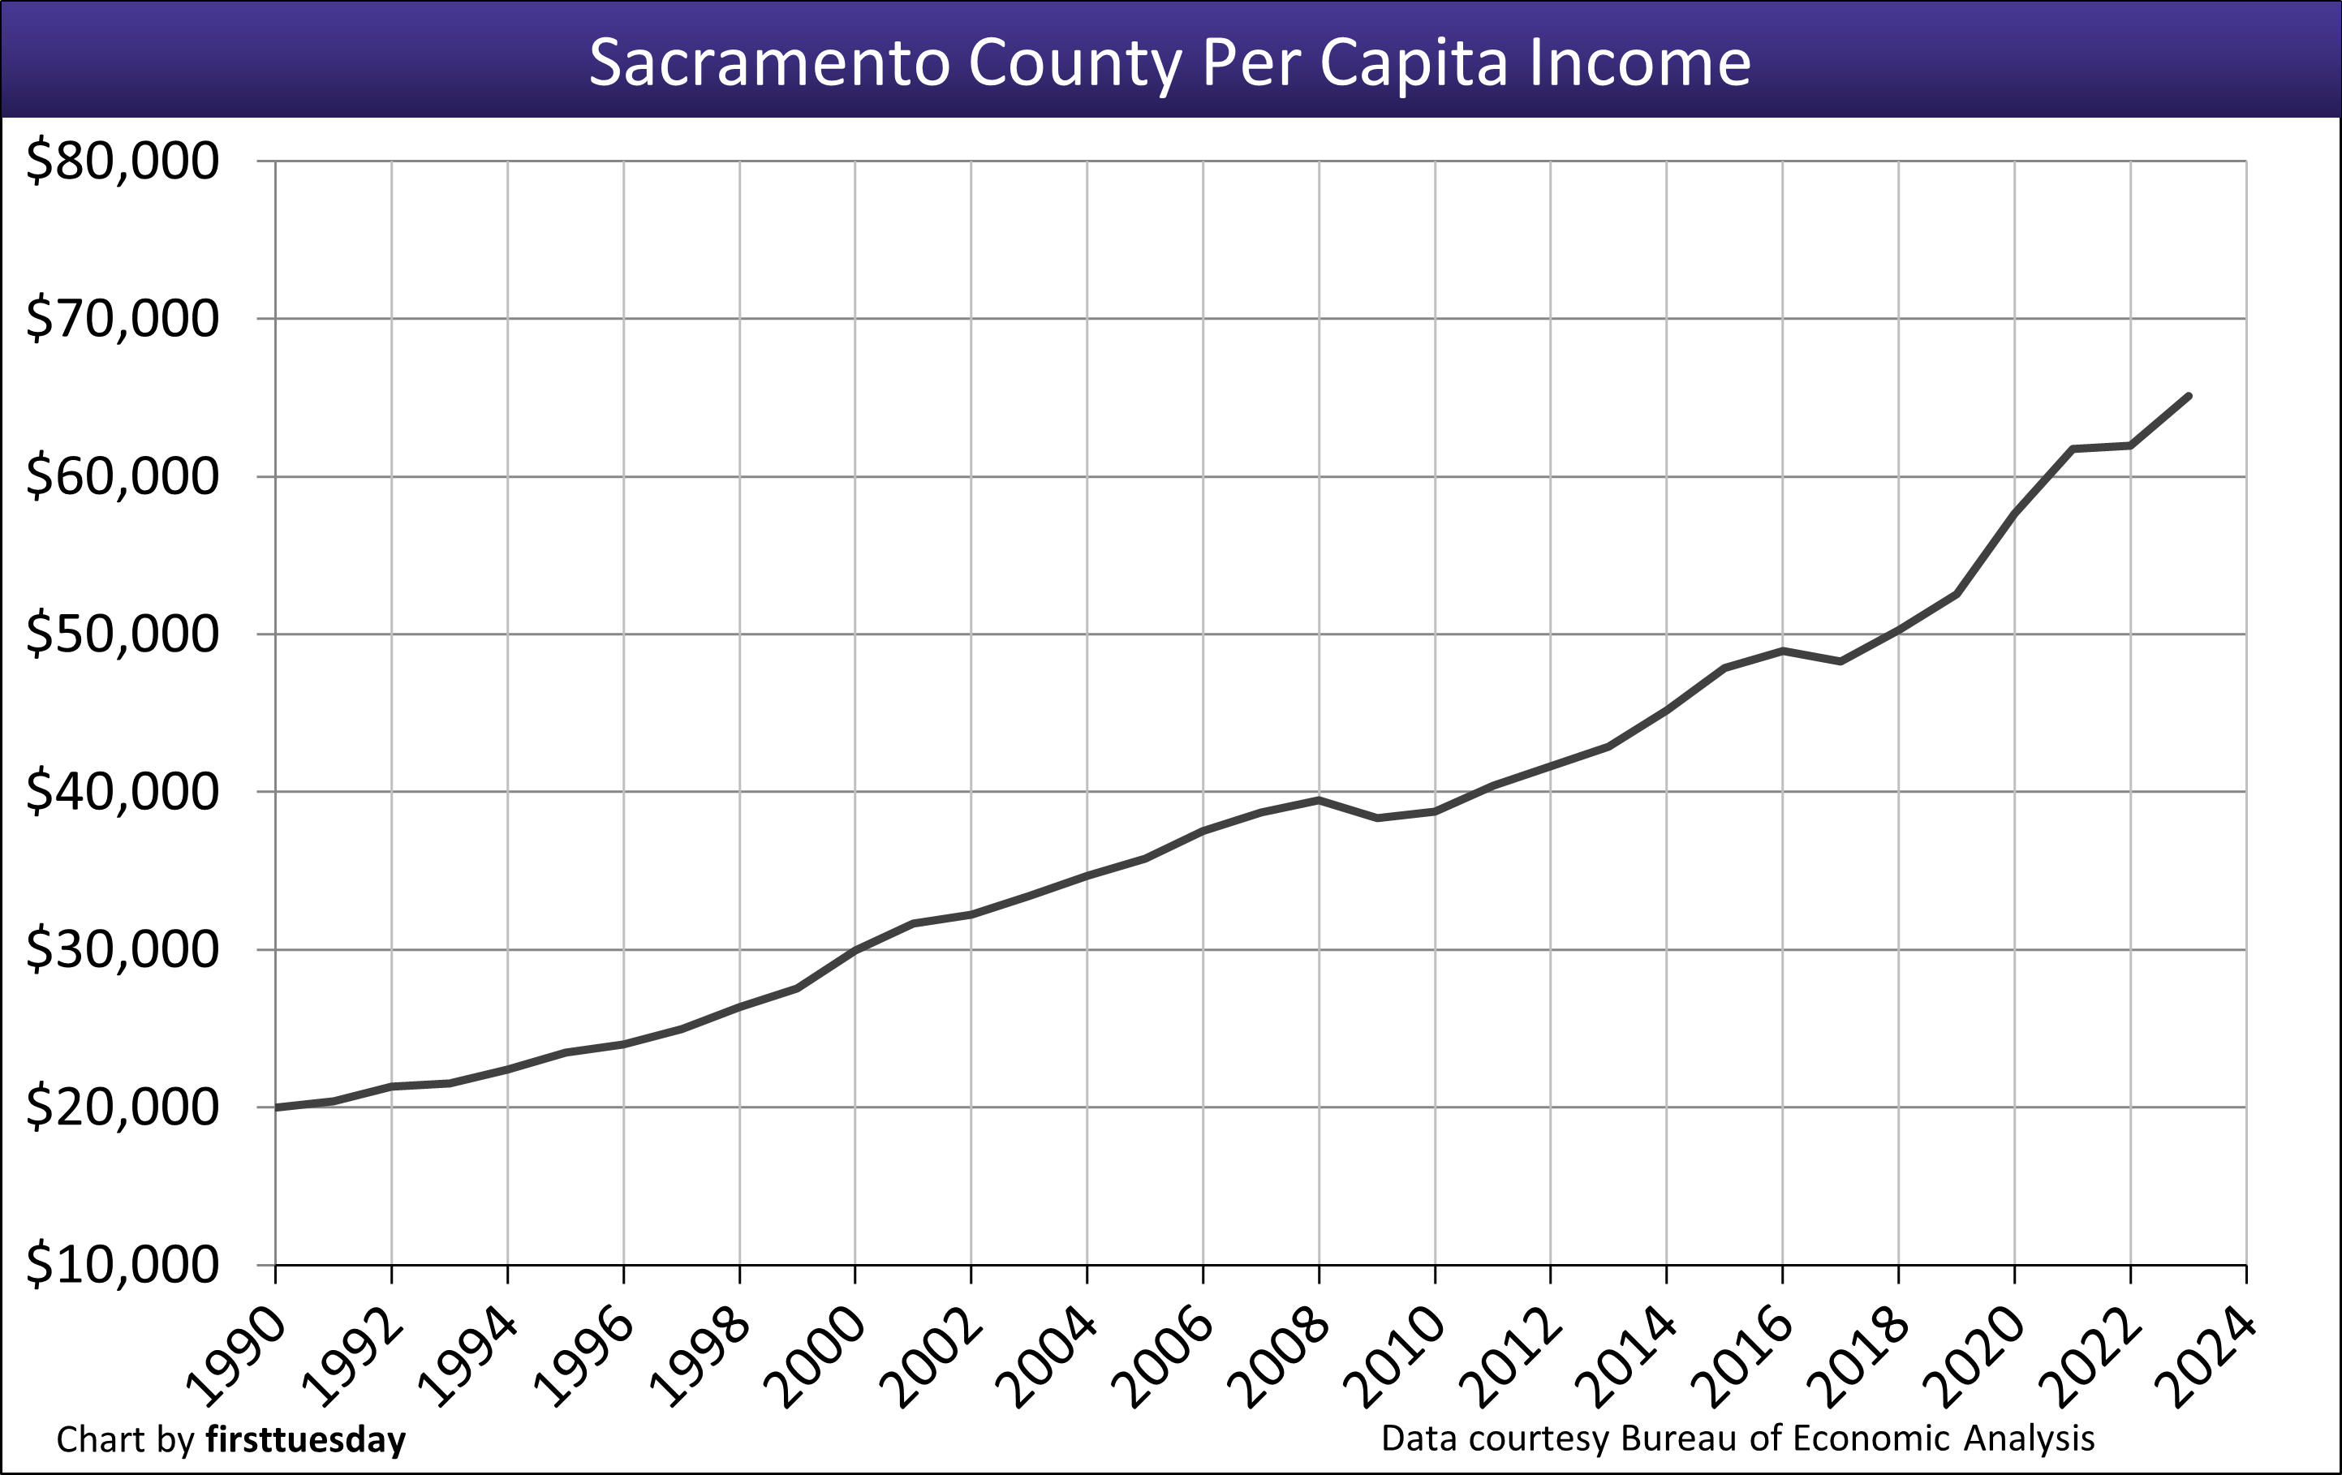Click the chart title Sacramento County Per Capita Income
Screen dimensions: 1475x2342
[1169, 63]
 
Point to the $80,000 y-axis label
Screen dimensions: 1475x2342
[123, 161]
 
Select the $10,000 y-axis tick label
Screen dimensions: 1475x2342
[123, 1265]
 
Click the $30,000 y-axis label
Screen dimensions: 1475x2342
[123, 950]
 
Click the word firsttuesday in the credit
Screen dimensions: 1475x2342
[305, 1440]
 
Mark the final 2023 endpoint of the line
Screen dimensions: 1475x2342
[2189, 396]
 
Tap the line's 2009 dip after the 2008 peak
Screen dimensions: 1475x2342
[1377, 818]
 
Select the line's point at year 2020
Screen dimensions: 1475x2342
[2014, 513]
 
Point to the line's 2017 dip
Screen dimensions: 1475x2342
[1840, 661]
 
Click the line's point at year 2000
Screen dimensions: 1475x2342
[856, 949]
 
